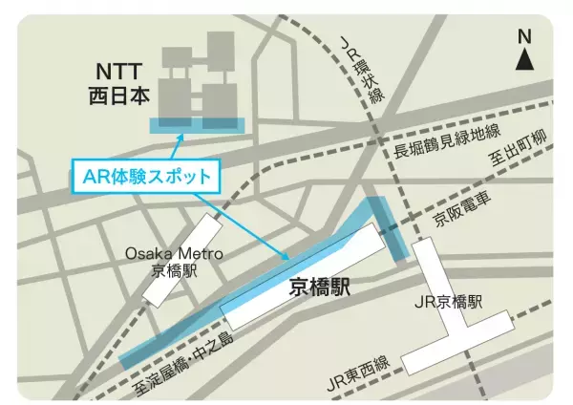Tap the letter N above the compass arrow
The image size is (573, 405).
[x=524, y=36]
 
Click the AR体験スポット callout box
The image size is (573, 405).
[x=146, y=176]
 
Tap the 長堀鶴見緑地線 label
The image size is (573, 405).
[x=446, y=139]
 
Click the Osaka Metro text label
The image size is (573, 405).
[x=175, y=253]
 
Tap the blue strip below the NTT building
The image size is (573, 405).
[x=197, y=125]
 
